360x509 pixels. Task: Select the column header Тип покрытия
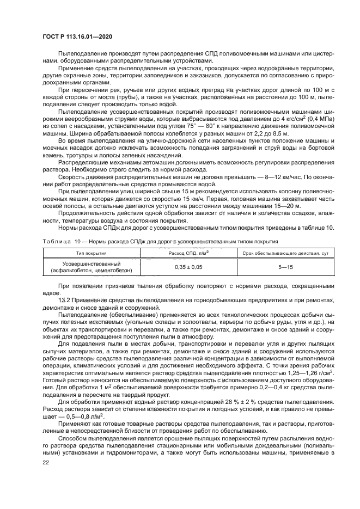click(x=91, y=253)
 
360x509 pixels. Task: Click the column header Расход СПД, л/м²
click(x=188, y=253)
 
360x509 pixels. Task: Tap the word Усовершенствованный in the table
click(x=91, y=263)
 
